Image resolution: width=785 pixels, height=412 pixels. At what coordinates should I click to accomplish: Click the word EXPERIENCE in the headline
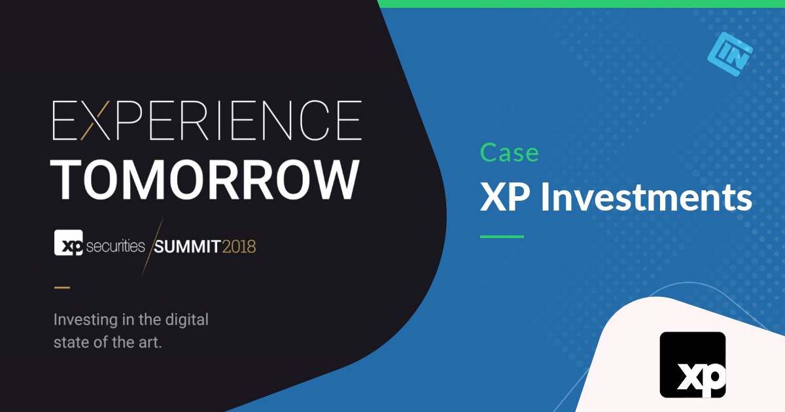[x=207, y=120]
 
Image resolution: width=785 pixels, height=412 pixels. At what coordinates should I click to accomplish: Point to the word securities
[x=114, y=246]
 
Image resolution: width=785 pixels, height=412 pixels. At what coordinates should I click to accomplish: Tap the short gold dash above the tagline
[x=61, y=286]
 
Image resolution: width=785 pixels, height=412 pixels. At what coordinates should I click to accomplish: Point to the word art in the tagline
[x=150, y=341]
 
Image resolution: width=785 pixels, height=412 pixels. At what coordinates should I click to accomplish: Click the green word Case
[x=510, y=152]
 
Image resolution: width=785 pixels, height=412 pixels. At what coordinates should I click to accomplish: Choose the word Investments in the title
[x=646, y=196]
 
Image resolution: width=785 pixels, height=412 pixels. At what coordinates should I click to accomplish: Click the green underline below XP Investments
[x=502, y=236]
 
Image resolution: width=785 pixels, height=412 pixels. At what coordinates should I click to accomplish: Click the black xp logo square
[x=692, y=364]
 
